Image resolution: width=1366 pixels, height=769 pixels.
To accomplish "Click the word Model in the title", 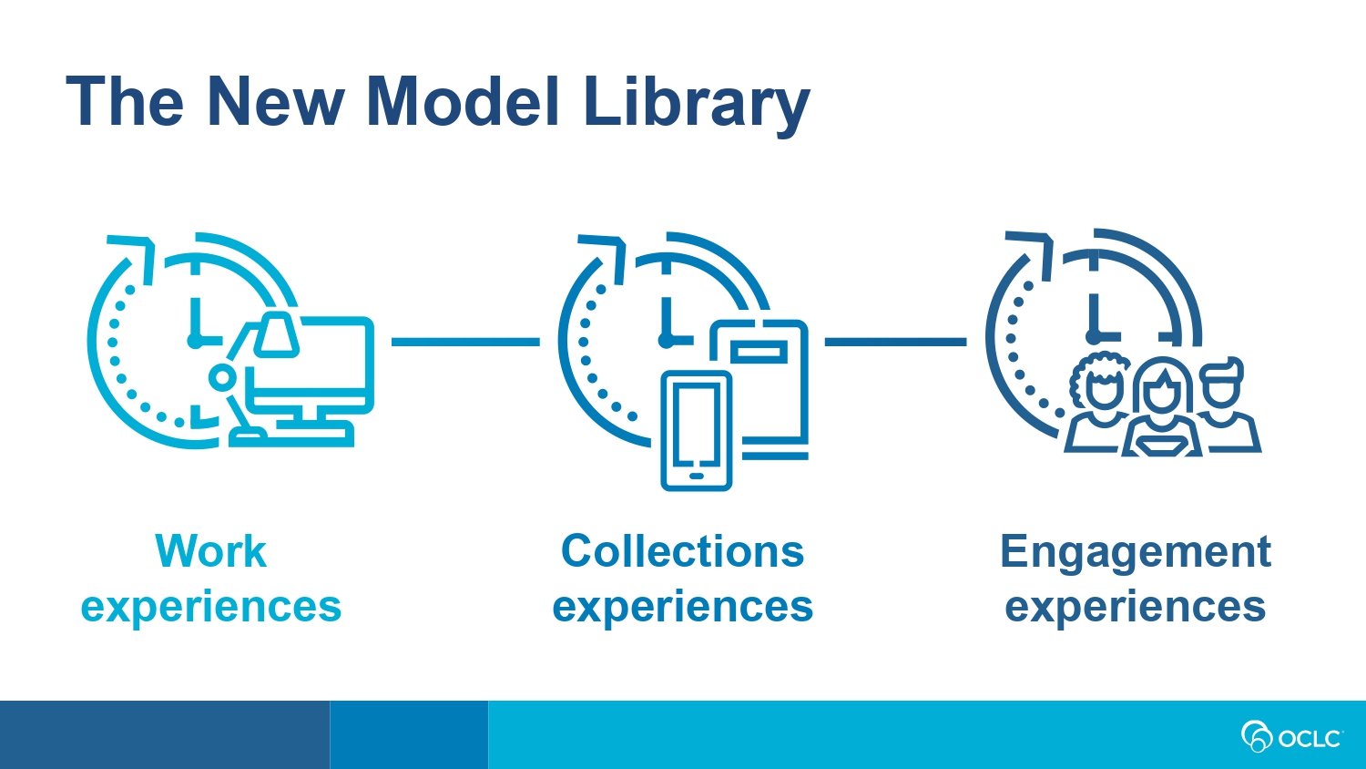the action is [463, 101].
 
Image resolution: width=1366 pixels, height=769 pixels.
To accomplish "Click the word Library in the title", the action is [697, 105].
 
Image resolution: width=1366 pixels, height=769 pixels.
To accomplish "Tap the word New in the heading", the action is [276, 101].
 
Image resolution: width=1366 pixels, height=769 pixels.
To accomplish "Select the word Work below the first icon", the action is [211, 551].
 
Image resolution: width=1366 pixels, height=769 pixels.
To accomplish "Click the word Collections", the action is [682, 551].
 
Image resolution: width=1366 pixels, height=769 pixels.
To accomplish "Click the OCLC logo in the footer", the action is [1291, 736].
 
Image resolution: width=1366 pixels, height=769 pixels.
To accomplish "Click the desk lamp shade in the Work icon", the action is [276, 333].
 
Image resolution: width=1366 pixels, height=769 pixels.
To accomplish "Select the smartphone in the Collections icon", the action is [697, 431].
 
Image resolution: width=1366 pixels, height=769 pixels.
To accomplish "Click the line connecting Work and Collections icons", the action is [465, 342].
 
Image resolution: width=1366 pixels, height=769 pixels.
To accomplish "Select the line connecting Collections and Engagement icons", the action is [895, 342].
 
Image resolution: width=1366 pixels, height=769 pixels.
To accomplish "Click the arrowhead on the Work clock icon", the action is [138, 253].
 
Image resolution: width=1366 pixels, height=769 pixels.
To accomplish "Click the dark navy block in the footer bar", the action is [165, 734].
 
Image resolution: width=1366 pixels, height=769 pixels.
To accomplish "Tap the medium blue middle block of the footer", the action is [409, 734].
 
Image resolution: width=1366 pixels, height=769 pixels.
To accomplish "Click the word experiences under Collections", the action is [682, 607].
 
